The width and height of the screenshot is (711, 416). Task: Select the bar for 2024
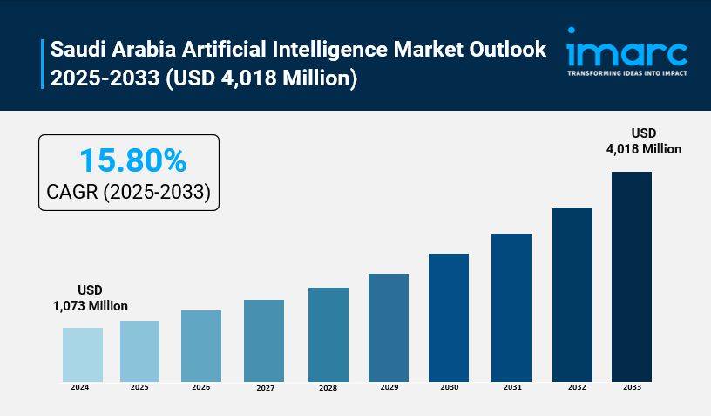pyautogui.click(x=83, y=354)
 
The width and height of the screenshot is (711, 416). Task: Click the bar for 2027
pyautogui.click(x=264, y=340)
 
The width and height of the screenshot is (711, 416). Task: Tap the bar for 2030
pyautogui.click(x=449, y=317)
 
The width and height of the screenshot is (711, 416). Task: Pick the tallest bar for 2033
pyautogui.click(x=632, y=276)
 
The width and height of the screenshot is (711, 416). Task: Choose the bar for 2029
pyautogui.click(x=389, y=327)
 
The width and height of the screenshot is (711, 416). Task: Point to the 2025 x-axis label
pyautogui.click(x=139, y=387)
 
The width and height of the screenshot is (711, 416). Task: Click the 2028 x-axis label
pyautogui.click(x=328, y=388)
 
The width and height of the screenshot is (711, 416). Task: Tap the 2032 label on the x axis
pyautogui.click(x=572, y=387)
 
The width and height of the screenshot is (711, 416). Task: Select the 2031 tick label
pyautogui.click(x=511, y=387)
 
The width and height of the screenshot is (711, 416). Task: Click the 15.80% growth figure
pyautogui.click(x=132, y=160)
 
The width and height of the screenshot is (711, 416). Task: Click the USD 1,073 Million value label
pyautogui.click(x=91, y=298)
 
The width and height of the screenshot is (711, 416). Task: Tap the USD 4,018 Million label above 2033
pyautogui.click(x=644, y=140)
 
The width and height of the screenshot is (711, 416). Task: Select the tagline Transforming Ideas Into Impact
pyautogui.click(x=626, y=73)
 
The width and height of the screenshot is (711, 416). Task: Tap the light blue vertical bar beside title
pyautogui.click(x=42, y=64)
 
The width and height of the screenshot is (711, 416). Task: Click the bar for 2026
pyautogui.click(x=201, y=345)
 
